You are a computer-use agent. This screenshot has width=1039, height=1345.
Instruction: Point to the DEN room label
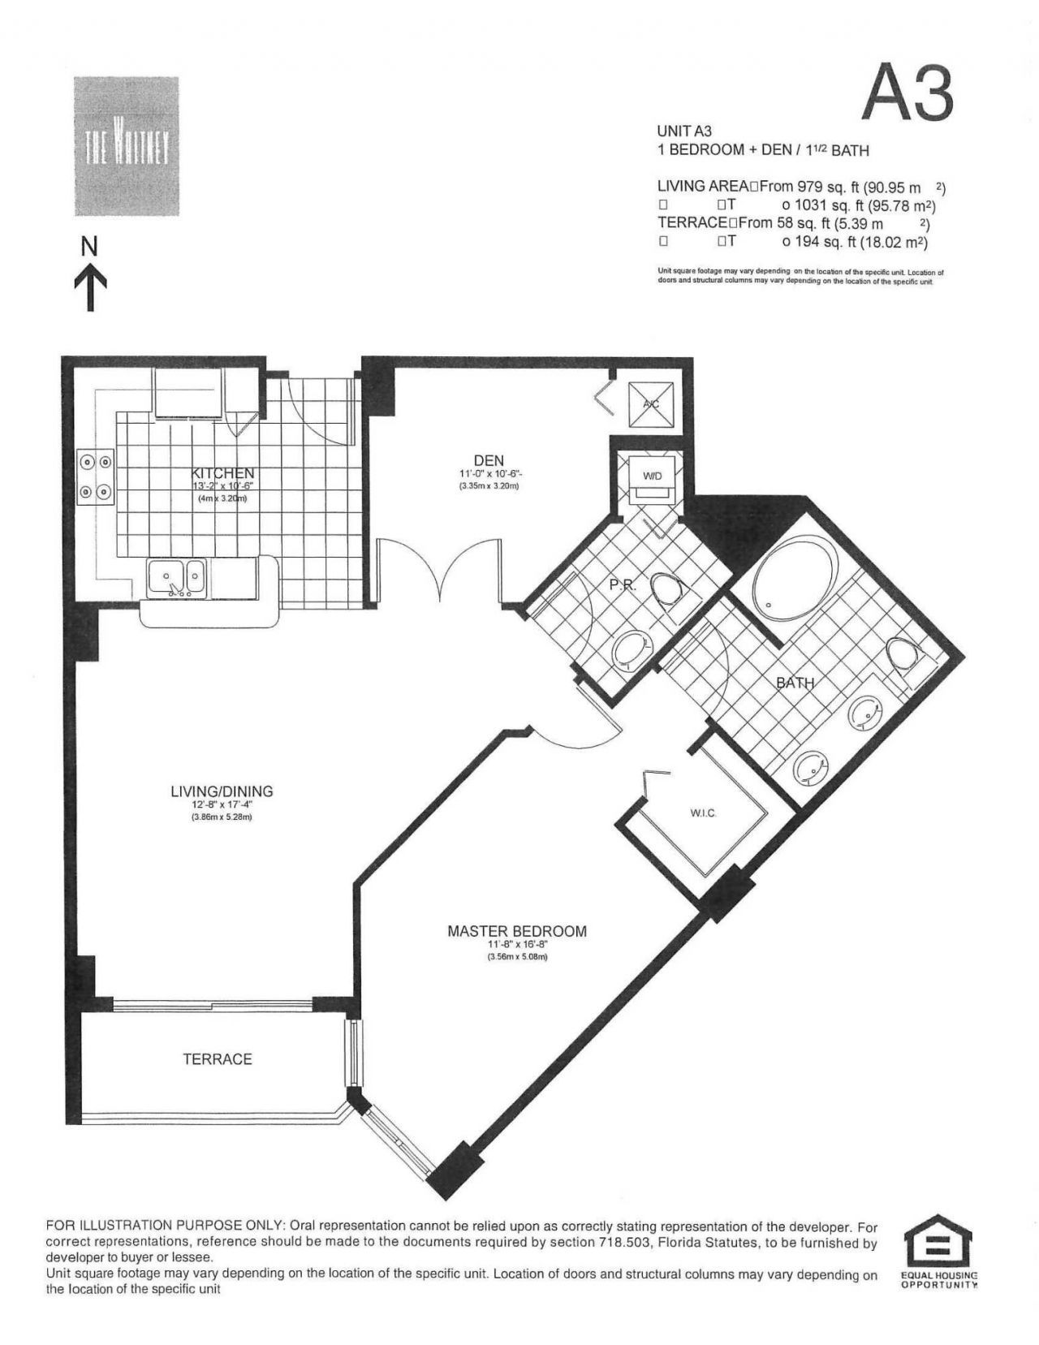[489, 461]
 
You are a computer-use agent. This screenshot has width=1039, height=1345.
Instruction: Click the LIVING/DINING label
[222, 791]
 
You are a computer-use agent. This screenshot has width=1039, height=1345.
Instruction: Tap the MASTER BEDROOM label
[517, 931]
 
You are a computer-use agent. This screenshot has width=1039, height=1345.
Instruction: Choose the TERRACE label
[218, 1058]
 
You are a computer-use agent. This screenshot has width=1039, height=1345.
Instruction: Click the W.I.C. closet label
[703, 813]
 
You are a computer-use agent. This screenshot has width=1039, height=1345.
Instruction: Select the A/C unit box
[650, 403]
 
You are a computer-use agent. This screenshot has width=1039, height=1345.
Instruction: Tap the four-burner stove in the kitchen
[95, 477]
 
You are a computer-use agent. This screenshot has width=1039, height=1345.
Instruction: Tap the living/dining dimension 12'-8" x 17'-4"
[222, 805]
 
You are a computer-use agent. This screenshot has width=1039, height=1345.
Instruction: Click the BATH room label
[795, 683]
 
